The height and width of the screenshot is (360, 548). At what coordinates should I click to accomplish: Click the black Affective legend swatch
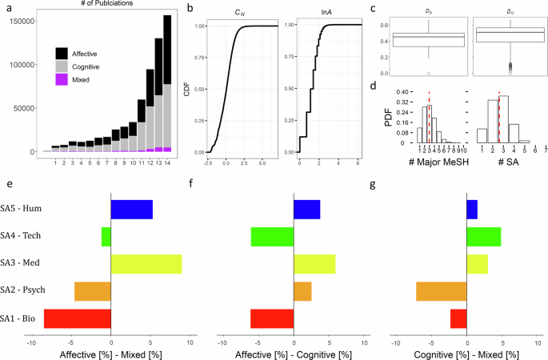[x=62, y=53]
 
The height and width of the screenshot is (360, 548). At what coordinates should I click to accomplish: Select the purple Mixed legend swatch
[x=62, y=80]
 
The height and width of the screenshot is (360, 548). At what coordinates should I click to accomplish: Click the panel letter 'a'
[x=6, y=9]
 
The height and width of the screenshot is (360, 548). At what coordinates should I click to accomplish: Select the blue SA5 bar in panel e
[x=131, y=209]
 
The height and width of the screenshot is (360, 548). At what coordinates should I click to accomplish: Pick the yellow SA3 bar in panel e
[x=146, y=263]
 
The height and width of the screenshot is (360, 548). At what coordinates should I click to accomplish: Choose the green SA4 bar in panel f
[x=272, y=236]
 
